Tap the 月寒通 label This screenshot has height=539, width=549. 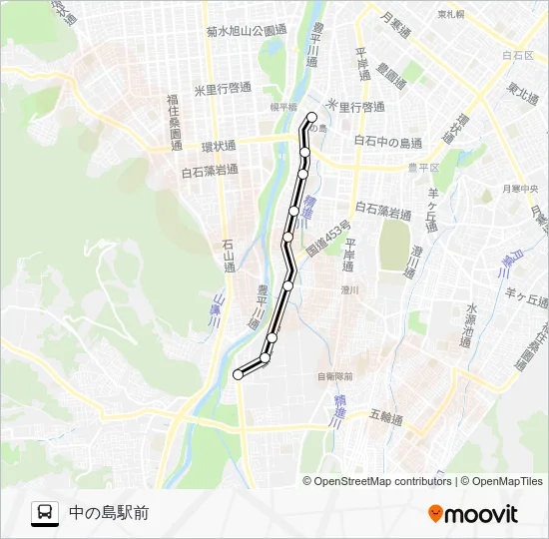pos(396,18)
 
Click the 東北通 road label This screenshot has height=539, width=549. pos(519,91)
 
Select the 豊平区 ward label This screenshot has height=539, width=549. pos(423,168)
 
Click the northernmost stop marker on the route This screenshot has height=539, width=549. pos(311,117)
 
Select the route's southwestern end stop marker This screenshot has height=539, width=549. pos(238,374)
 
